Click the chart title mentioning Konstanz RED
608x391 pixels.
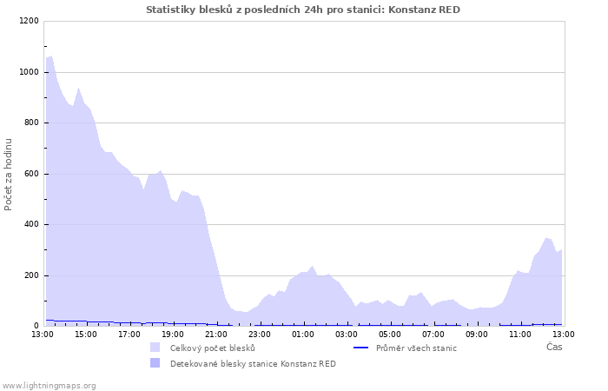(303, 10)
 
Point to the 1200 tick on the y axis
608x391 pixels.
(29, 22)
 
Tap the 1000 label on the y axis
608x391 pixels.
(29, 72)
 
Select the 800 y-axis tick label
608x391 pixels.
(31, 123)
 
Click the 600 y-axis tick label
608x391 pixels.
(31, 174)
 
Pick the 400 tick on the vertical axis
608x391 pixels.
(31, 225)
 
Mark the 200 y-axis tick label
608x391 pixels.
(31, 275)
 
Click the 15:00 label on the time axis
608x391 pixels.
(86, 334)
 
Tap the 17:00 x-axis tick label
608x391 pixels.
(129, 334)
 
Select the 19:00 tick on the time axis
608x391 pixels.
(173, 334)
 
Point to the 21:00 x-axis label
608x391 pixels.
(216, 334)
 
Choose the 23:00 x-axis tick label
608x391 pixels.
(260, 334)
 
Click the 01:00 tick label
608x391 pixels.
(303, 334)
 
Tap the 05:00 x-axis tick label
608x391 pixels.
(390, 334)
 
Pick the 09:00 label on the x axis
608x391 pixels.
(477, 334)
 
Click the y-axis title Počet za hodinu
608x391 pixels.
(9, 174)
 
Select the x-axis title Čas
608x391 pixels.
(554, 348)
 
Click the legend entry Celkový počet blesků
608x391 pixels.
(212, 348)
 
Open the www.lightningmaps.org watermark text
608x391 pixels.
(50, 385)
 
